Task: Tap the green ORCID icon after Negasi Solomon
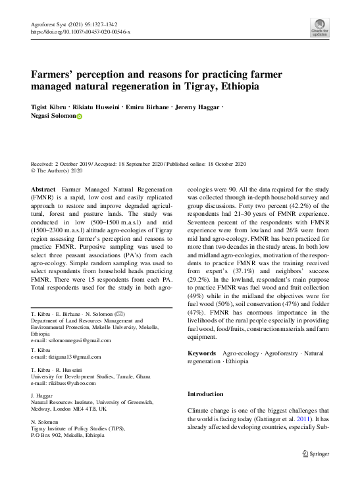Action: [80, 116]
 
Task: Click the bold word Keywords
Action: [202, 353]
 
